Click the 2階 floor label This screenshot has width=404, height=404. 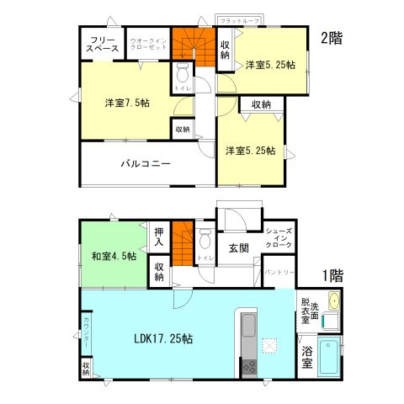coord(331,37)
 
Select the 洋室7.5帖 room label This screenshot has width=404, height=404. coord(128,103)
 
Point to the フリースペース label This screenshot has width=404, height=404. coord(101,45)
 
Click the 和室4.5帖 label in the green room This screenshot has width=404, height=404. coord(114,256)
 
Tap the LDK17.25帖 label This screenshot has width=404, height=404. coord(163,339)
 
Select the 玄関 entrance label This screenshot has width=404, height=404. coord(238,247)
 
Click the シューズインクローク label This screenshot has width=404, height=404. coord(279,237)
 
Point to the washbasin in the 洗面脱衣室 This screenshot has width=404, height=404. coord(332,301)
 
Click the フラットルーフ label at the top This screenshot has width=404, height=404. coord(239,19)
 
